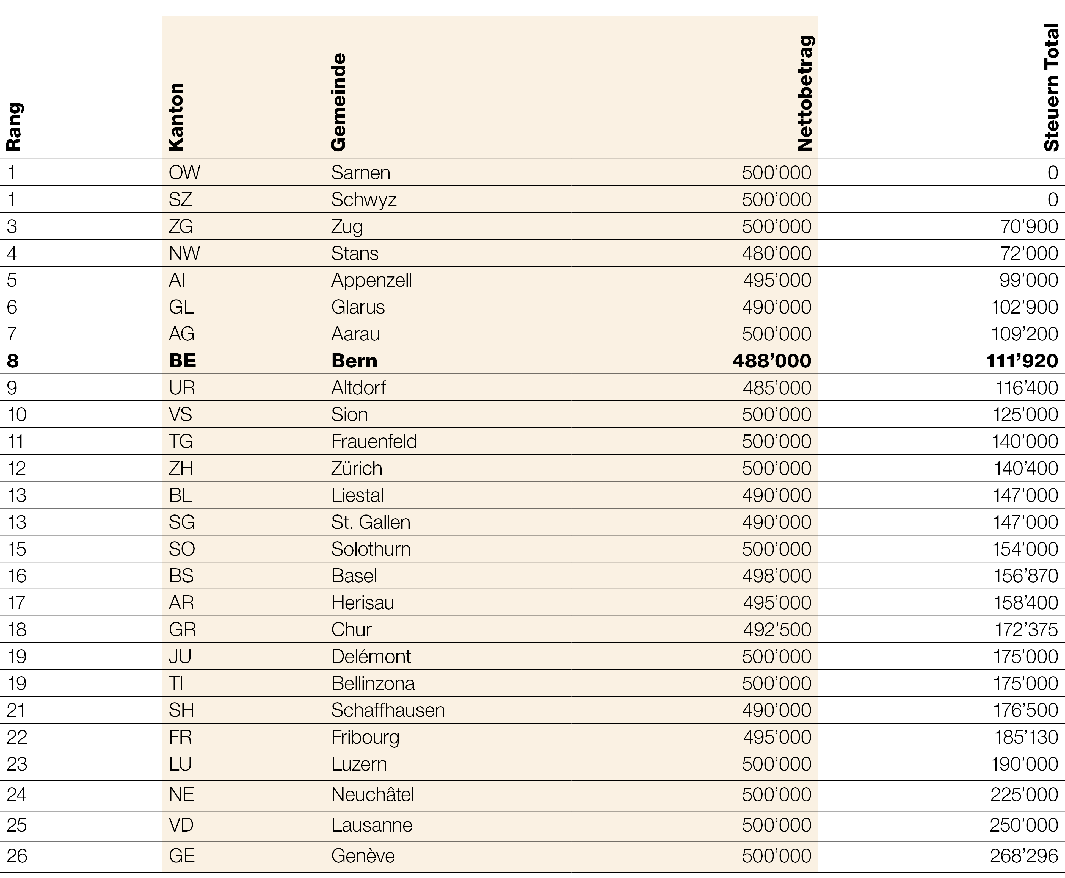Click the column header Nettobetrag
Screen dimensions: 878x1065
tap(804, 93)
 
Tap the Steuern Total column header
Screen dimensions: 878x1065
tap(1051, 87)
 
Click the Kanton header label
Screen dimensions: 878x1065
tap(176, 117)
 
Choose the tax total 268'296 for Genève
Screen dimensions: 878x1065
tap(1023, 856)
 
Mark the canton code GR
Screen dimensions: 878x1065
tap(182, 630)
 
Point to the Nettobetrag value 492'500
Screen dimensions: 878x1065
tap(777, 630)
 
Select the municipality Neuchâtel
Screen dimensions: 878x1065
tap(373, 794)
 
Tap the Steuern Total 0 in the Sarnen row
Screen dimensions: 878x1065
tap(1052, 173)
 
